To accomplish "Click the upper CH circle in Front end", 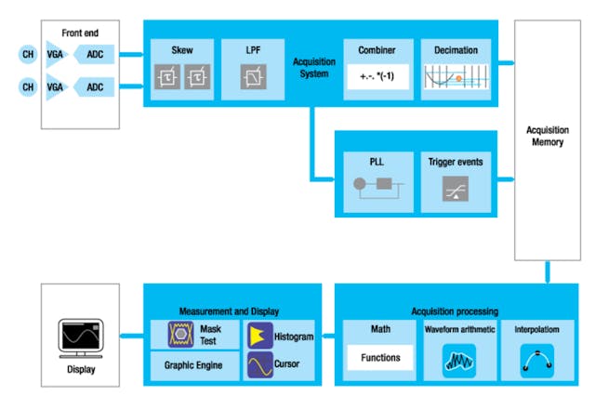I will click(27, 54).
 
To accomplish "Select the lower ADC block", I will click(95, 87).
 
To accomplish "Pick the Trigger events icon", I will click(455, 190).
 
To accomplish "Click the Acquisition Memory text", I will click(549, 136).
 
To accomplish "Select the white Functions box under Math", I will click(380, 357).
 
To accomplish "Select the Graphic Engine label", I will click(193, 365).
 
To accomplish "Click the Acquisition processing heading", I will click(455, 310).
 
